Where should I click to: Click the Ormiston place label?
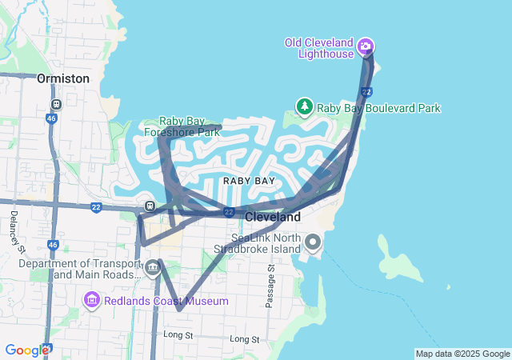[62, 78]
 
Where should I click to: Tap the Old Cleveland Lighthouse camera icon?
[365, 46]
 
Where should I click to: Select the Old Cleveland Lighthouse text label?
[320, 48]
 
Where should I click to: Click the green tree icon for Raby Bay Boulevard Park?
[304, 106]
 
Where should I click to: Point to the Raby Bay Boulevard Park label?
[378, 108]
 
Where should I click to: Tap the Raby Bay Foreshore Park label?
[190, 127]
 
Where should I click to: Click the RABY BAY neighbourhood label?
[249, 181]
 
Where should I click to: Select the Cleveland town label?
[273, 217]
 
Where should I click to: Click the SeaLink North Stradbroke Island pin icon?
[313, 241]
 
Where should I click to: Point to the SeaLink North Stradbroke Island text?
[267, 244]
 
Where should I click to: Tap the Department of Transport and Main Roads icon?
[152, 267]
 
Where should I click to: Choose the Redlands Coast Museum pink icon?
[91, 300]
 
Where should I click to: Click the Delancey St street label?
[15, 233]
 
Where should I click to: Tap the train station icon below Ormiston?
[56, 105]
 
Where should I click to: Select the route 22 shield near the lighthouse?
[366, 93]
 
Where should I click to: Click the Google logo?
[27, 350]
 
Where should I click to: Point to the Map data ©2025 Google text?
[462, 354]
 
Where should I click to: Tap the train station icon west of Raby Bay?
[149, 206]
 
